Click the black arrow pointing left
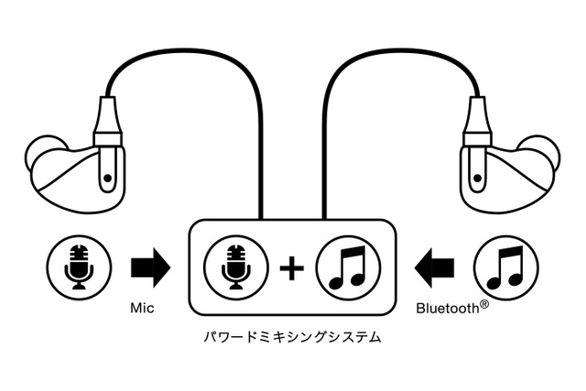[x=434, y=267]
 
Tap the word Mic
[x=142, y=309]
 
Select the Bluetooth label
[x=446, y=310]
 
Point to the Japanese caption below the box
[x=292, y=337]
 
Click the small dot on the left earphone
[x=109, y=177]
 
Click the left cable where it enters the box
[x=261, y=216]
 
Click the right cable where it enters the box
[x=324, y=216]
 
